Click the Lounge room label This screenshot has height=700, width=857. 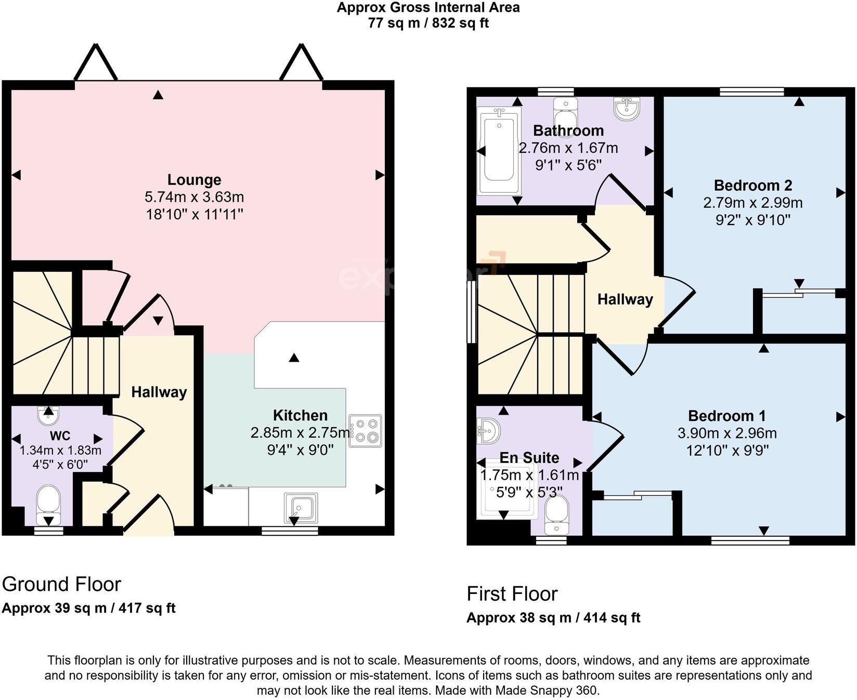click(194, 180)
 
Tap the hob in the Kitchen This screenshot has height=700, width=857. click(366, 431)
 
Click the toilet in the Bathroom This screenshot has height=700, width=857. click(565, 110)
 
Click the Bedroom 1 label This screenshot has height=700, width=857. click(726, 416)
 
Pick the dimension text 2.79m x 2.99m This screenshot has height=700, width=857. click(752, 203)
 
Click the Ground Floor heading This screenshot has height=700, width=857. click(61, 584)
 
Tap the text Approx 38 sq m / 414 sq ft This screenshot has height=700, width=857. click(553, 618)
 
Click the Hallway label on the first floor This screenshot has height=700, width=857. click(625, 299)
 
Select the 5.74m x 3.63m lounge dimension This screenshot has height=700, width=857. click(194, 197)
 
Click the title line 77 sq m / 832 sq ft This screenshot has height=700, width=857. click(428, 23)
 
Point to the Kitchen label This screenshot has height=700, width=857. click(300, 415)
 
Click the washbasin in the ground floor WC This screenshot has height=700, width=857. click(48, 415)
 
